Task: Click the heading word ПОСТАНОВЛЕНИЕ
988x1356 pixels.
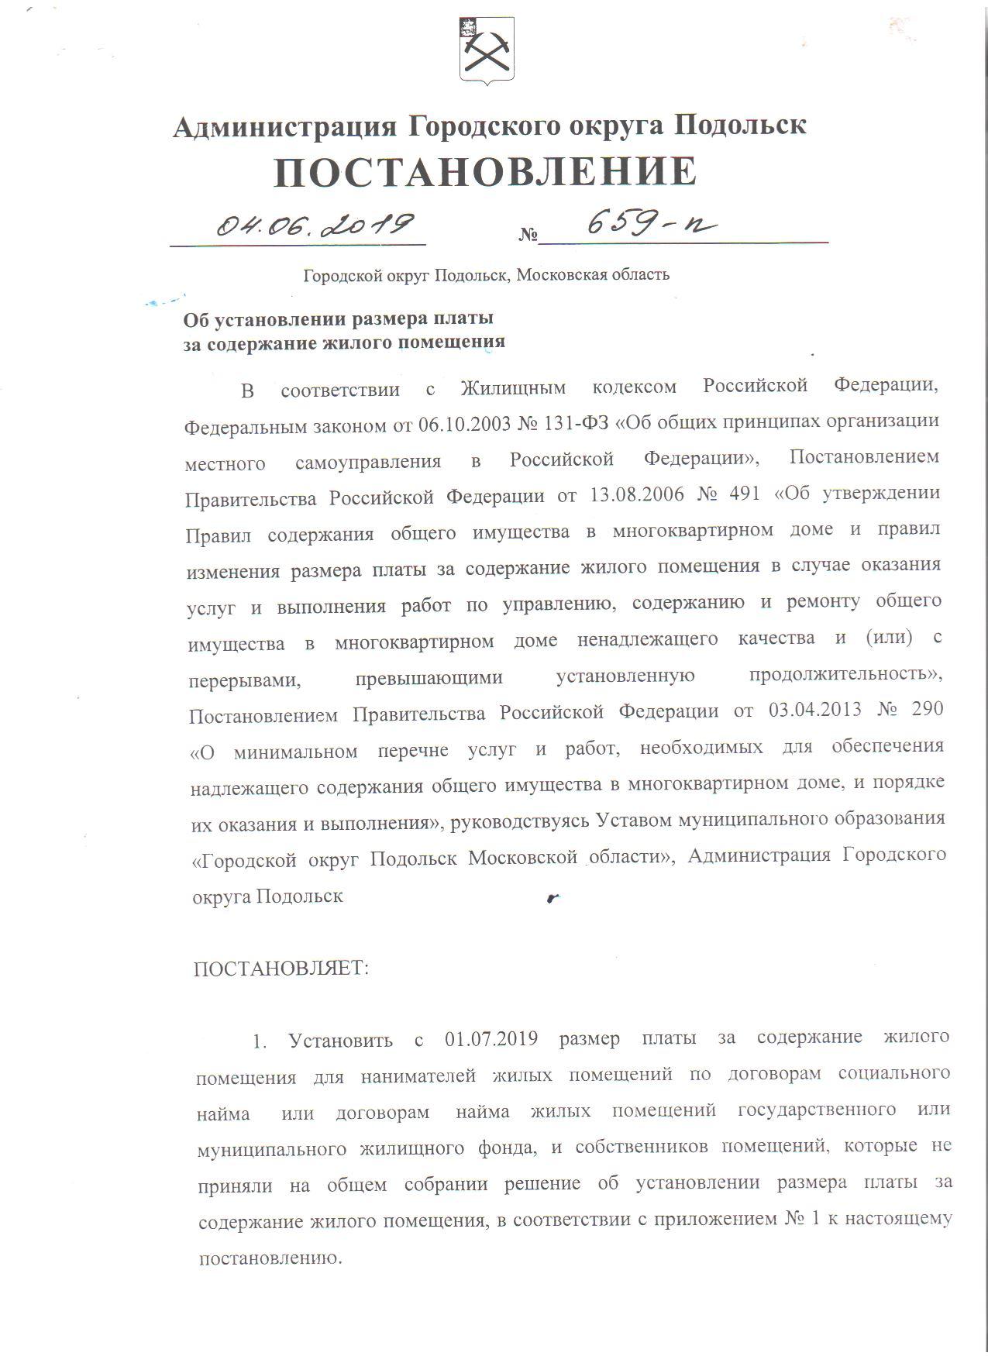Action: coord(486,172)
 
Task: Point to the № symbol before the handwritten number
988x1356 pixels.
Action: coord(528,234)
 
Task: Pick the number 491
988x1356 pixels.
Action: coord(745,494)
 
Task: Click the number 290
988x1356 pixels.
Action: coord(927,709)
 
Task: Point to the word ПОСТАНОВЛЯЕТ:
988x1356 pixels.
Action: coord(281,969)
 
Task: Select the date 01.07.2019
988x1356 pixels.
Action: coord(491,1038)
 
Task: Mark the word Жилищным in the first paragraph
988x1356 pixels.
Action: coord(513,387)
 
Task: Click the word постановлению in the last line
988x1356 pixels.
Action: coord(270,1257)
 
